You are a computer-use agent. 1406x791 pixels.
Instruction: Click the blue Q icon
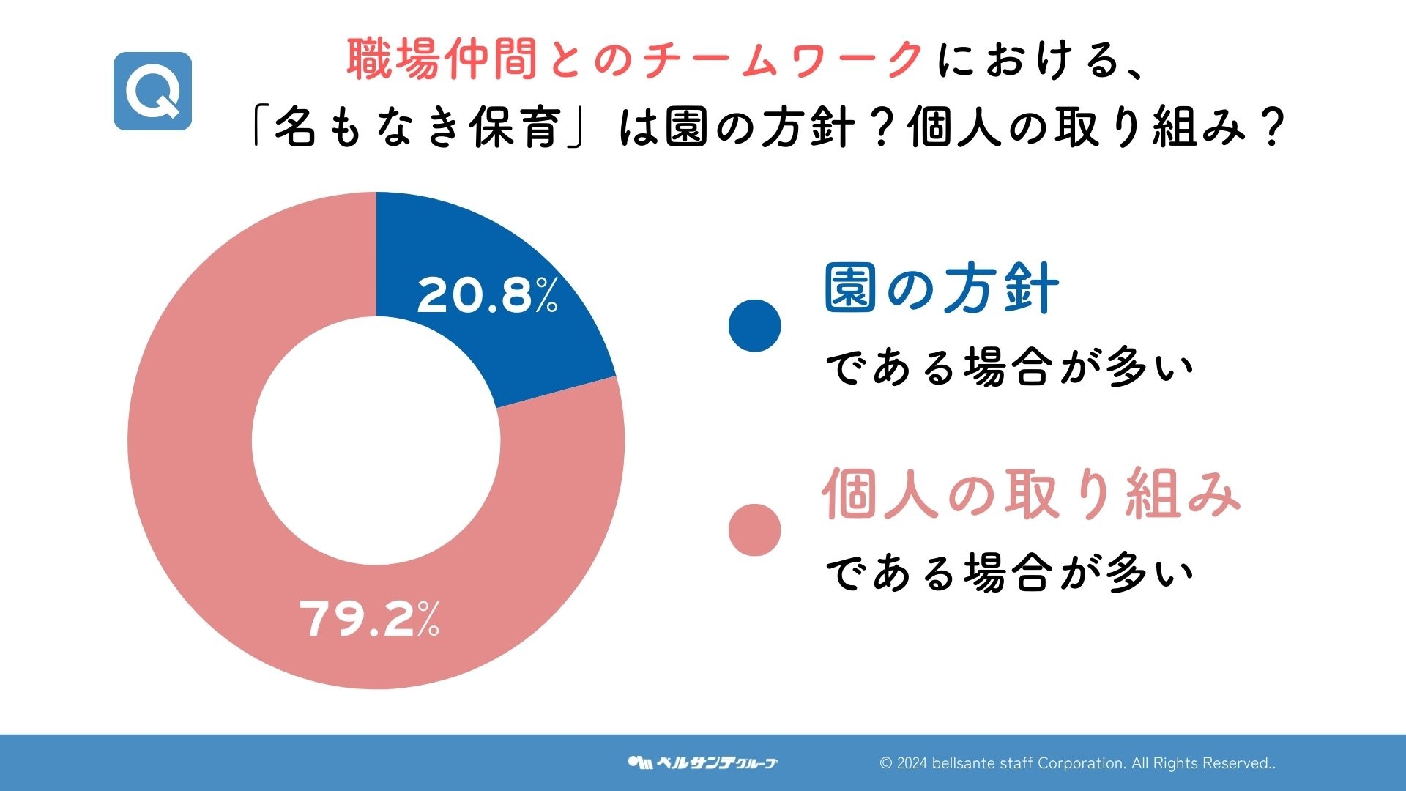pos(152,91)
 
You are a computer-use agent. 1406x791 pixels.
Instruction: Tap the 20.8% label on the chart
pos(487,296)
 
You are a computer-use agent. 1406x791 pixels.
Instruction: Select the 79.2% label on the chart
pos(369,619)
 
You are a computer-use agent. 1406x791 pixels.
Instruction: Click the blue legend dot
pos(754,325)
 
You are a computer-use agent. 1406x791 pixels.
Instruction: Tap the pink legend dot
pos(754,530)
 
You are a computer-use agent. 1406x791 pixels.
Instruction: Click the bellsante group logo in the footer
pos(702,762)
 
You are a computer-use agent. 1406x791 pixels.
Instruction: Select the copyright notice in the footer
pos(1077,763)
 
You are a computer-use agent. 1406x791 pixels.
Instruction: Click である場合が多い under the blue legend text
pos(1010,368)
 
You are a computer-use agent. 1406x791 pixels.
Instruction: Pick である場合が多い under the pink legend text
pos(1010,573)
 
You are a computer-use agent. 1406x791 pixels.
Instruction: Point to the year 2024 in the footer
pos(912,763)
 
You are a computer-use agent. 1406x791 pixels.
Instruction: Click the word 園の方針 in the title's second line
pos(759,127)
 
